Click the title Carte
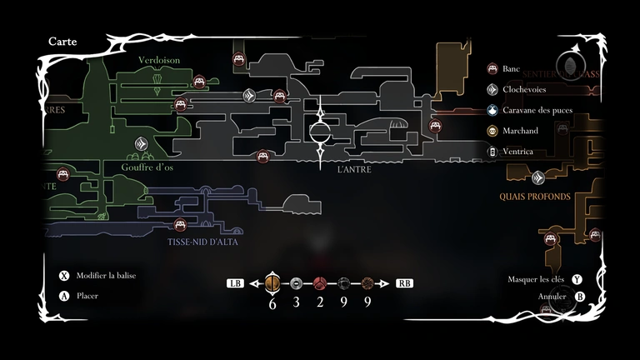tap(63, 41)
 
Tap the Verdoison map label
tap(158, 60)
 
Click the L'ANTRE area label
tap(354, 169)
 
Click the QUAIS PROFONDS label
tap(535, 197)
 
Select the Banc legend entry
tap(512, 68)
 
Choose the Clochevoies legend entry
tap(525, 89)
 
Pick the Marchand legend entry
tap(521, 131)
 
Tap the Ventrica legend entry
tap(520, 152)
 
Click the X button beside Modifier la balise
tap(63, 276)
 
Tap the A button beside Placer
tap(63, 296)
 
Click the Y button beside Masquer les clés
tap(577, 279)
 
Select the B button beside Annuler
tap(580, 296)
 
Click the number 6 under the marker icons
tap(272, 302)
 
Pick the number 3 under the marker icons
tap(296, 302)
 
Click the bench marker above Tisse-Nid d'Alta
tap(180, 224)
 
